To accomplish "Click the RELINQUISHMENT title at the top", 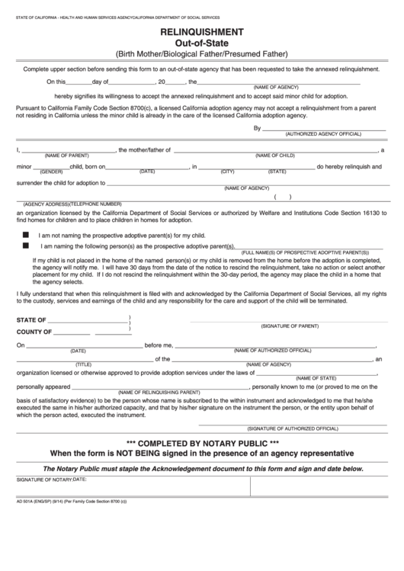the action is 202,32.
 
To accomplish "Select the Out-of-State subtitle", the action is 202,43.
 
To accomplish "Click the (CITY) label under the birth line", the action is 227,172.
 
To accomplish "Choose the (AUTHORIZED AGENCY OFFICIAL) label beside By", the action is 322,133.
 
